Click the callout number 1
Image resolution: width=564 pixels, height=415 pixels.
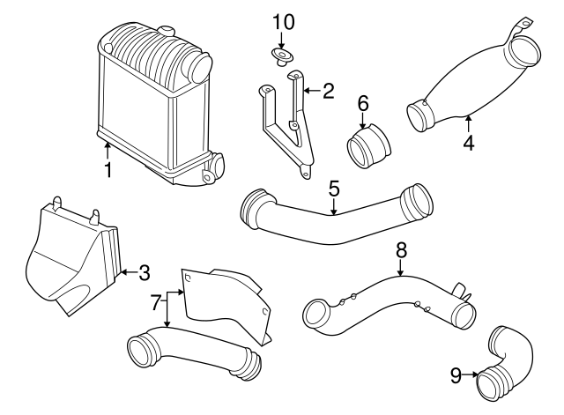click(x=108, y=169)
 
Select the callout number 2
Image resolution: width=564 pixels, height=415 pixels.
click(x=328, y=90)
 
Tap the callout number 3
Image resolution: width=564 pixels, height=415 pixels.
click(x=145, y=272)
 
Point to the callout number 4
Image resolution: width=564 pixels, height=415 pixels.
click(x=469, y=142)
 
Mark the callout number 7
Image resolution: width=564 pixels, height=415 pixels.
click(x=156, y=304)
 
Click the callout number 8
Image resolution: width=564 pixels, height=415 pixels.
click(x=401, y=249)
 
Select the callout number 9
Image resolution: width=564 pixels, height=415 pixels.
click(x=456, y=375)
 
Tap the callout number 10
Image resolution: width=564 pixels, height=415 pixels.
click(x=281, y=21)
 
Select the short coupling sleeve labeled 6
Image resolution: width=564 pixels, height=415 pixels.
click(x=370, y=147)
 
